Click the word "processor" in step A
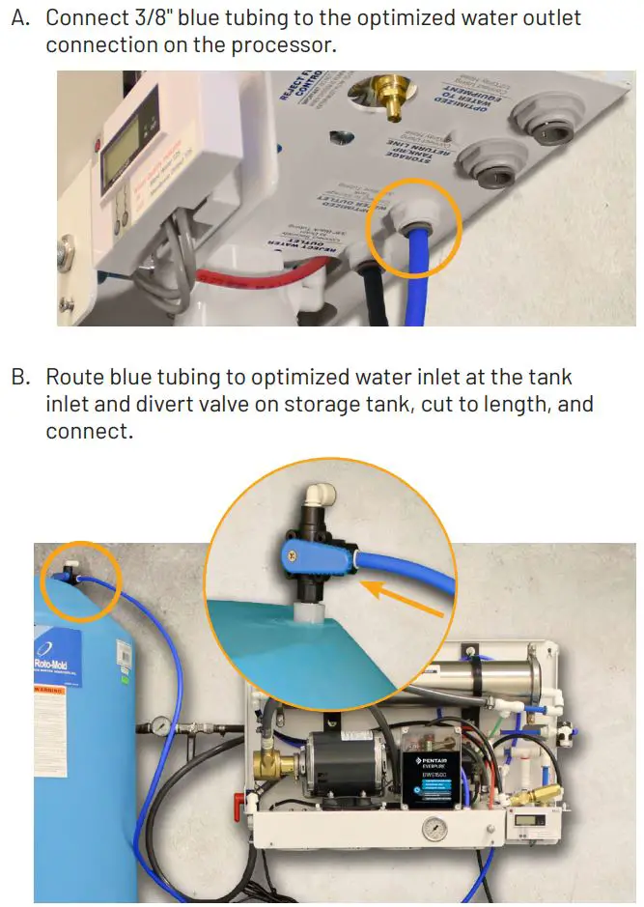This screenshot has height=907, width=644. [x=282, y=45]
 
